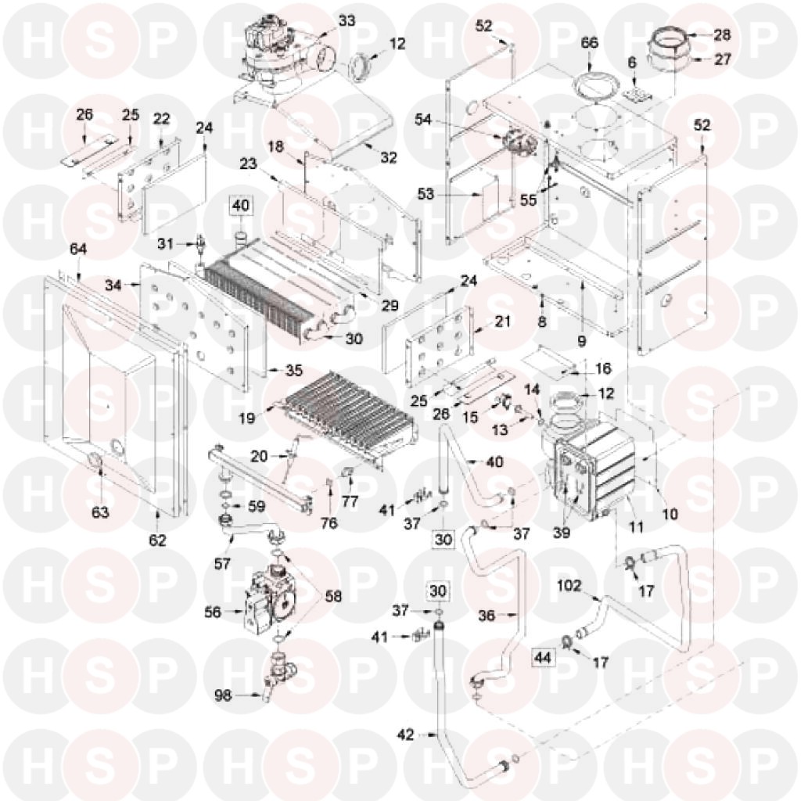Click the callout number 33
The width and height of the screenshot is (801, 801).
pos(347,21)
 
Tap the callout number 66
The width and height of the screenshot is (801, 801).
pos(589,42)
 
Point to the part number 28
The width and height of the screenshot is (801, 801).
pos(722,35)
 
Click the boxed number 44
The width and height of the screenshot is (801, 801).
pos(543,657)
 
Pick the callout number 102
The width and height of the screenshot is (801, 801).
pos(569,585)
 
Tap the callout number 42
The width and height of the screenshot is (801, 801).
pos(406,735)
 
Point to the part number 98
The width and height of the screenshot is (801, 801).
pos(223,695)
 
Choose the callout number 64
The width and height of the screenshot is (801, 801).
pos(78,250)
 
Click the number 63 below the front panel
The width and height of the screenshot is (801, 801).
pos(100,512)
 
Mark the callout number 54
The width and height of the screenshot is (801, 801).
pos(423,120)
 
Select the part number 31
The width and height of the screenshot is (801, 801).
pos(165,244)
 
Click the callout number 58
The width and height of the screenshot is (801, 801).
pos(333,596)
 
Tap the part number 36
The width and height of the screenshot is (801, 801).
pos(487,615)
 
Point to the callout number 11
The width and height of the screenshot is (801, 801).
pos(636,526)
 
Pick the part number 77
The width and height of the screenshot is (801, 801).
pos(350,501)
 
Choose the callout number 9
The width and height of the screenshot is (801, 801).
pos(581,341)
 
